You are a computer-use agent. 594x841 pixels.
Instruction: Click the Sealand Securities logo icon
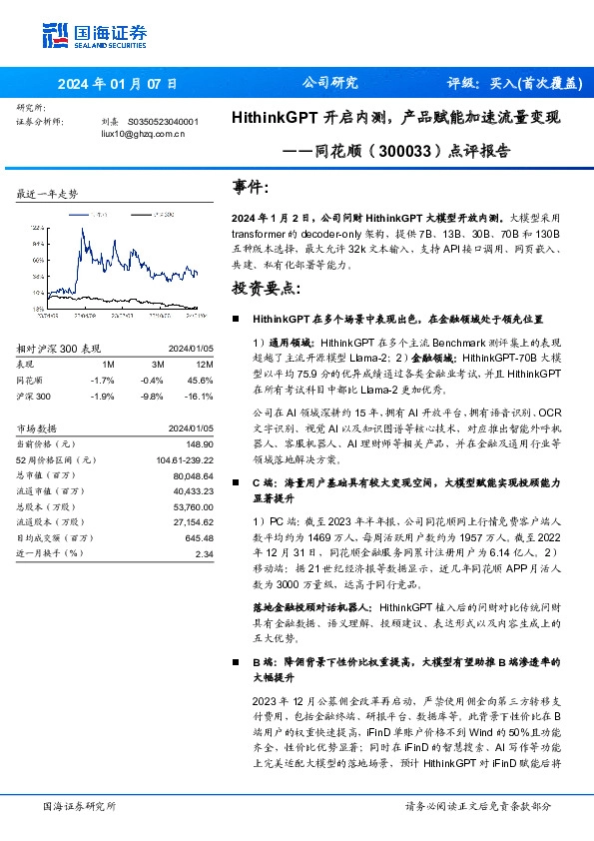pos(54,33)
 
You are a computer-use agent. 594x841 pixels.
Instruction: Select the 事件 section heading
pos(251,187)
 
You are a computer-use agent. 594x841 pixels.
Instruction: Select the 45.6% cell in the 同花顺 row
pos(199,381)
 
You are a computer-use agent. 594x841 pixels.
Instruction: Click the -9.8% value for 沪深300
pos(152,396)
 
